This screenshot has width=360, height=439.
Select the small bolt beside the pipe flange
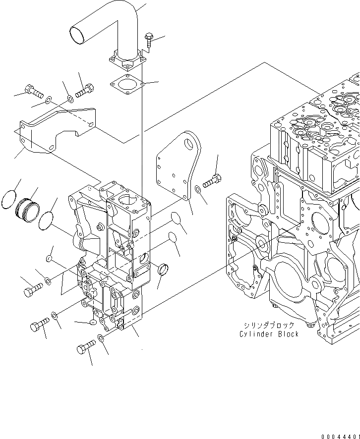[x=149, y=40]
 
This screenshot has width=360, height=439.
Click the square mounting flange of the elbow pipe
[x=127, y=62]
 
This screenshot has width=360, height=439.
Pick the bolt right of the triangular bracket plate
[x=212, y=181]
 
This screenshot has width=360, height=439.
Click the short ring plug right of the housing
[x=163, y=271]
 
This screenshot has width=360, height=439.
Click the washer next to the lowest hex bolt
[x=101, y=338]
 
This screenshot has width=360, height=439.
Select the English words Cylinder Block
[x=269, y=334]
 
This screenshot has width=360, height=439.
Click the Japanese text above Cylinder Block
[x=269, y=325]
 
